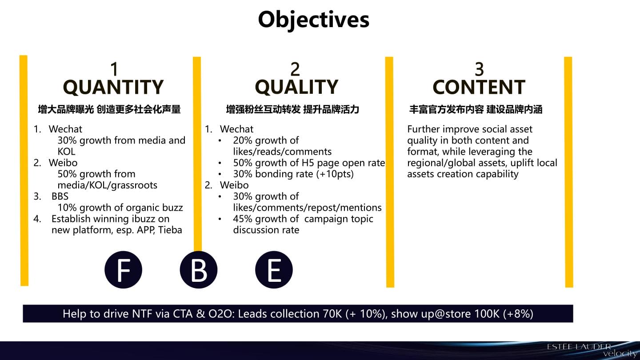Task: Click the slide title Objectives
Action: [x=313, y=20]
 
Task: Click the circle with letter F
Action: [x=124, y=270]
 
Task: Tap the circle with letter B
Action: [x=199, y=270]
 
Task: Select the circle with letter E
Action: [x=274, y=270]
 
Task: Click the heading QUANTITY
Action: [x=113, y=87]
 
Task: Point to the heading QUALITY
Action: [x=296, y=87]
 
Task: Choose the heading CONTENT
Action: [x=479, y=87]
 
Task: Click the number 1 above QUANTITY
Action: [x=114, y=69]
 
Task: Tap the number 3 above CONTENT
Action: [x=480, y=69]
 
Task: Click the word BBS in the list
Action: [x=60, y=196]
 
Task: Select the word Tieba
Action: [x=170, y=230]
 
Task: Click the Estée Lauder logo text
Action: [x=579, y=347]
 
